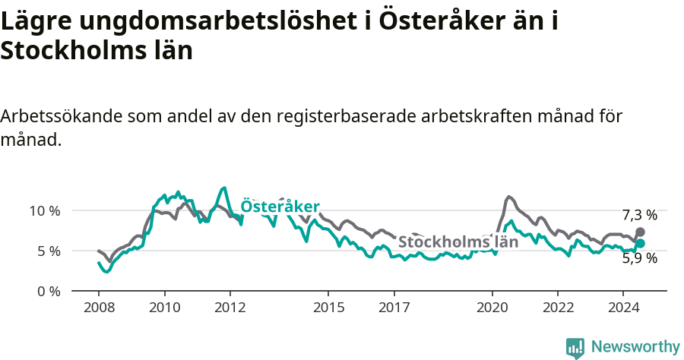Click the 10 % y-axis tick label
(x=46, y=210)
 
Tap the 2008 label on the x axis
(x=99, y=308)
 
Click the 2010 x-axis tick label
(x=164, y=308)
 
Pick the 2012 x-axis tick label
(x=230, y=308)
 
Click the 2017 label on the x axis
(x=394, y=308)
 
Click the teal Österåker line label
(x=280, y=207)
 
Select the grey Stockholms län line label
(x=458, y=242)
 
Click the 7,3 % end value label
(x=639, y=215)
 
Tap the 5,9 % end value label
(x=639, y=258)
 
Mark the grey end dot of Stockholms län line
(x=640, y=232)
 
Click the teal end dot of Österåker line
(x=640, y=243)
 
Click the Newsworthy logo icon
(x=575, y=348)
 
